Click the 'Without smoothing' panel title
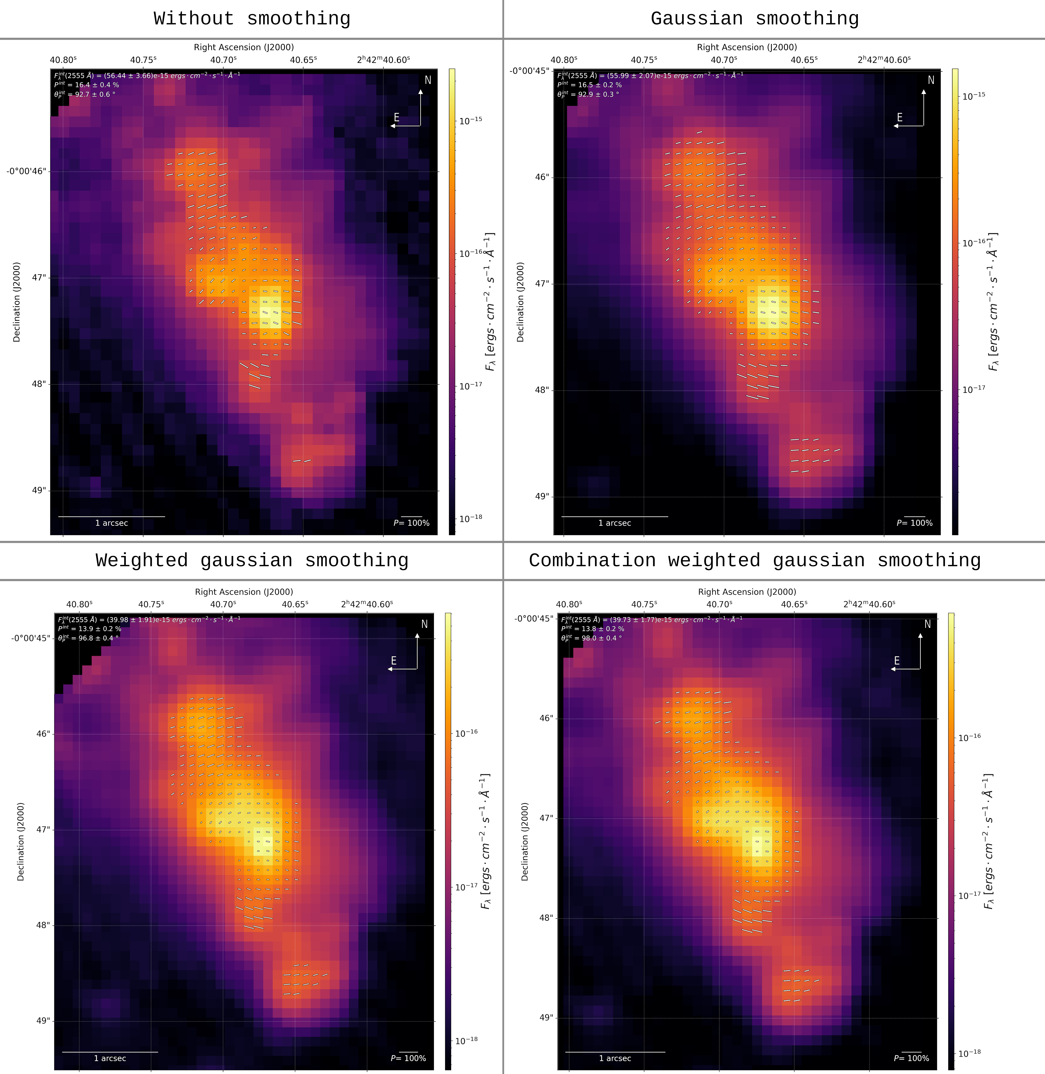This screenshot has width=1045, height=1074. [x=252, y=19]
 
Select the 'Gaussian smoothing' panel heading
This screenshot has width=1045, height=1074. [x=755, y=19]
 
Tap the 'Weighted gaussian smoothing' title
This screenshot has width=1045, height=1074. [x=252, y=560]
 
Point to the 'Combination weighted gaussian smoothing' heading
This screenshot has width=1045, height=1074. [x=755, y=560]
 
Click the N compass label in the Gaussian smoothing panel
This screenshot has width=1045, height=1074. [x=931, y=80]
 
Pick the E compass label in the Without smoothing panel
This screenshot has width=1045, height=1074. [x=396, y=117]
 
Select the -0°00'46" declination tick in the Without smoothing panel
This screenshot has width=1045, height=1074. [x=26, y=171]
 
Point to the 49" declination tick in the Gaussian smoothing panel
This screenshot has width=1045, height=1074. [x=542, y=497]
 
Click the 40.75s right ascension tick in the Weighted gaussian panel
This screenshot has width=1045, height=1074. [x=151, y=604]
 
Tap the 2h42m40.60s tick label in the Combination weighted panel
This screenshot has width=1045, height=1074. [x=869, y=604]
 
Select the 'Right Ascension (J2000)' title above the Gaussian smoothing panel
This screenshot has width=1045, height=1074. [x=747, y=47]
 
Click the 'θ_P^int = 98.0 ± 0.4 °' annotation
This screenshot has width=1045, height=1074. [x=591, y=638]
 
